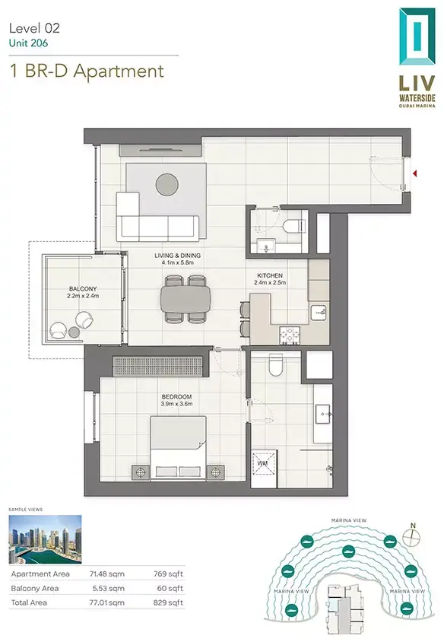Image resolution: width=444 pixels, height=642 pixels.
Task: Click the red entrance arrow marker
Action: (415, 173)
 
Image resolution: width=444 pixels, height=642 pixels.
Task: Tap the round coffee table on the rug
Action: (167, 185)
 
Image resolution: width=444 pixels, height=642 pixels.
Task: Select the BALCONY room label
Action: (83, 288)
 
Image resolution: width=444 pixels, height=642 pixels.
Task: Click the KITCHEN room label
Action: (270, 275)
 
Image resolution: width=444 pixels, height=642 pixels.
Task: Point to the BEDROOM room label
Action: (176, 397)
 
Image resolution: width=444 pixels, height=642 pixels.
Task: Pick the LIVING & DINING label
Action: (178, 256)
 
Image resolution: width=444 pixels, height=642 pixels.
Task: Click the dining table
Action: (186, 298)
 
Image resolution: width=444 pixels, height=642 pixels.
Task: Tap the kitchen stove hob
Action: (290, 335)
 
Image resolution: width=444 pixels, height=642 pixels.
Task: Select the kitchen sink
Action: (319, 313)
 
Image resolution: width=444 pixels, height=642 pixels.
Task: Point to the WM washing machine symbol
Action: (264, 462)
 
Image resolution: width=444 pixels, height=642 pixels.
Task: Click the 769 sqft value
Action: (168, 574)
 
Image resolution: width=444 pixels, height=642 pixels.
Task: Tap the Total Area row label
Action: (29, 602)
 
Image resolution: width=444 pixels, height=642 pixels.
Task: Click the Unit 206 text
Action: (28, 43)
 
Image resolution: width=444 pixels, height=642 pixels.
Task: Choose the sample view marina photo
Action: (45, 539)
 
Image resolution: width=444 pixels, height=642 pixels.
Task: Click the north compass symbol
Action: (412, 536)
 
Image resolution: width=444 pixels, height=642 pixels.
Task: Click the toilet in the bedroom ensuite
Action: (276, 365)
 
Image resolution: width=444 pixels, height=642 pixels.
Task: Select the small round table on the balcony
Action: (74, 332)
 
